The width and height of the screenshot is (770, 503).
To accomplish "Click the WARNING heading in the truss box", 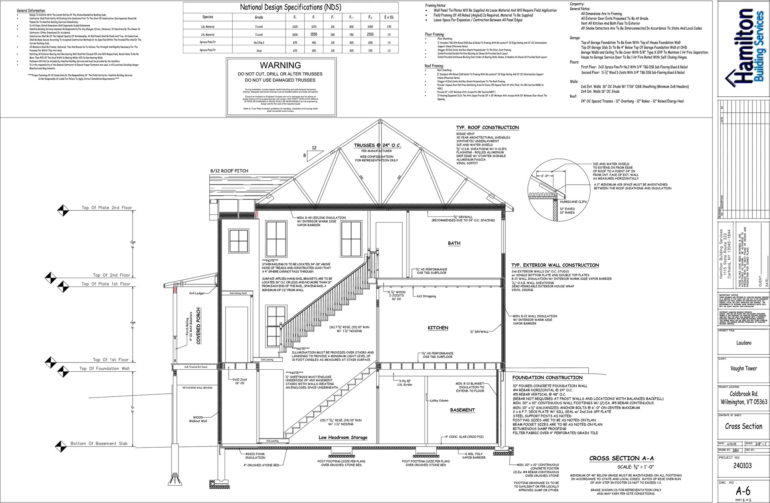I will pyautogui.click(x=280, y=65).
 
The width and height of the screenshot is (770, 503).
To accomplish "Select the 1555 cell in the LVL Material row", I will pyautogui.click(x=314, y=35).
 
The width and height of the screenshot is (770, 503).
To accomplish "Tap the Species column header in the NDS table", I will pyautogui.click(x=208, y=17).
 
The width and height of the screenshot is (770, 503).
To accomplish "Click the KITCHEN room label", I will pyautogui.click(x=438, y=328).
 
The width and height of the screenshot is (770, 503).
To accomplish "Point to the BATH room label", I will pyautogui.click(x=454, y=243).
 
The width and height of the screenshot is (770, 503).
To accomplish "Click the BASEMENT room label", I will pyautogui.click(x=462, y=410).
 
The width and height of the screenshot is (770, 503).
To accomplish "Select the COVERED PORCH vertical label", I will pyautogui.click(x=198, y=326).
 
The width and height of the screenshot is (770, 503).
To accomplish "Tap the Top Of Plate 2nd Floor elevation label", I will pyautogui.click(x=107, y=208).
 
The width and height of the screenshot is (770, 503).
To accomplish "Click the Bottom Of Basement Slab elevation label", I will pyautogui.click(x=99, y=444).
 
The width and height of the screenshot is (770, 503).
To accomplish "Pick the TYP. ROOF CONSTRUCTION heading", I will pyautogui.click(x=487, y=128).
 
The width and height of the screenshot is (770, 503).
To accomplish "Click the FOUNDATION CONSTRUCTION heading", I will pyautogui.click(x=547, y=378).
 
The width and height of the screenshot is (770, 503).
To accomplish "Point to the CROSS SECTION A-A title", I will pyautogui.click(x=621, y=458).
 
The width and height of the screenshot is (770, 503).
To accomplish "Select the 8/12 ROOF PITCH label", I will pyautogui.click(x=229, y=171).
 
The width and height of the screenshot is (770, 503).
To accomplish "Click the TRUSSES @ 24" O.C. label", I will pyautogui.click(x=377, y=146).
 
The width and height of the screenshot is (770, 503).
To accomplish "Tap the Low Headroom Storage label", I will pyautogui.click(x=343, y=438).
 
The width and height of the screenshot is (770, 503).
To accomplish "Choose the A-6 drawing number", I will pyautogui.click(x=743, y=491).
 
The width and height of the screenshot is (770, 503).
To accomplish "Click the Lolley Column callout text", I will pyautogui.click(x=439, y=401).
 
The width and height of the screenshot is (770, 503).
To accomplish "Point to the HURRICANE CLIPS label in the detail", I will pyautogui.click(x=573, y=202).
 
